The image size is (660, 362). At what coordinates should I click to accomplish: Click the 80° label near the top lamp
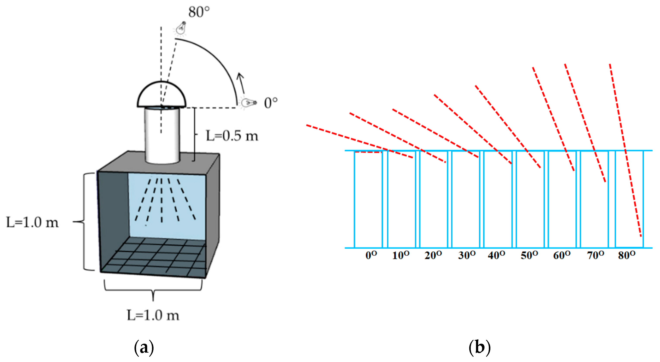(199, 12)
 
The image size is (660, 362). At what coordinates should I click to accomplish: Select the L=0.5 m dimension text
(232, 136)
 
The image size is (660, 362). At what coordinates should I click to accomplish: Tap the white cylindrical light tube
(162, 136)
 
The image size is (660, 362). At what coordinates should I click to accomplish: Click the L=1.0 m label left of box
(32, 222)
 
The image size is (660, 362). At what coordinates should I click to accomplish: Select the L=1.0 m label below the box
(153, 315)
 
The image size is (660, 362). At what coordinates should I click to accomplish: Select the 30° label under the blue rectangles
(467, 255)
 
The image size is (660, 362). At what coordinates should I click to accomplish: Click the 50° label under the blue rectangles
(529, 255)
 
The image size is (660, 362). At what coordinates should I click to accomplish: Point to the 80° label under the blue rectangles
(626, 255)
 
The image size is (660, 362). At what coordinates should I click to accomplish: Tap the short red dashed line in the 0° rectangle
(368, 152)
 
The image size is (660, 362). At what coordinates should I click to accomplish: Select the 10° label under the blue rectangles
(401, 255)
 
